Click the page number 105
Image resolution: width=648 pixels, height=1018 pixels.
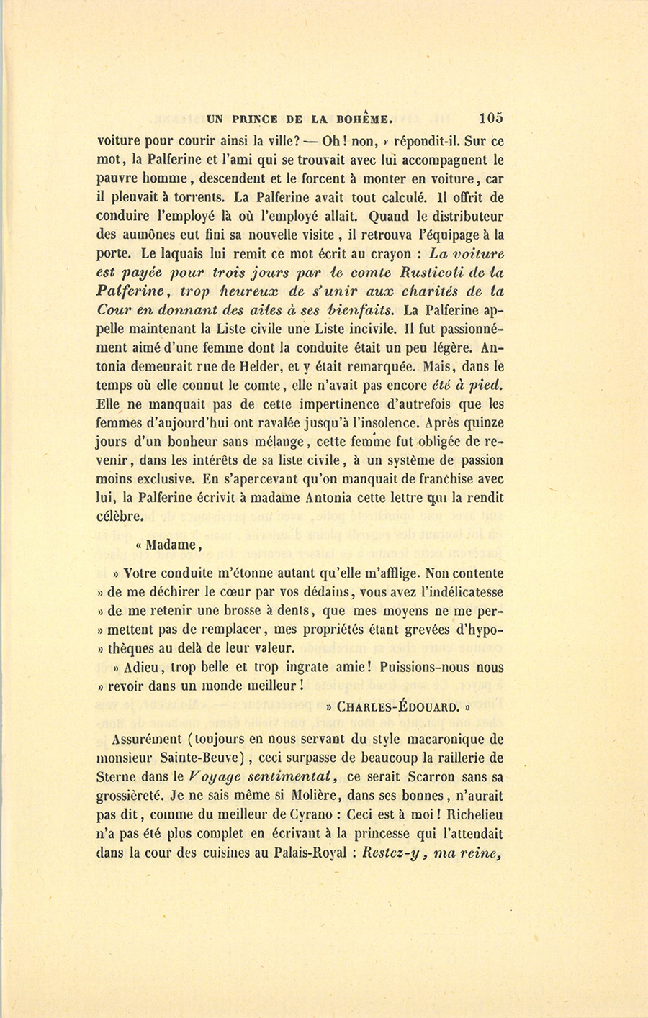point(490,118)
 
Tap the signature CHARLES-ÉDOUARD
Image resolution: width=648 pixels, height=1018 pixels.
point(397,706)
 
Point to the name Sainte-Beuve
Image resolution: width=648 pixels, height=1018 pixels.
point(204,758)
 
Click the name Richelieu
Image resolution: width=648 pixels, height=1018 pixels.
point(474,814)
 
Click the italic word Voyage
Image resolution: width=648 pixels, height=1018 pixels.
point(215,777)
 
